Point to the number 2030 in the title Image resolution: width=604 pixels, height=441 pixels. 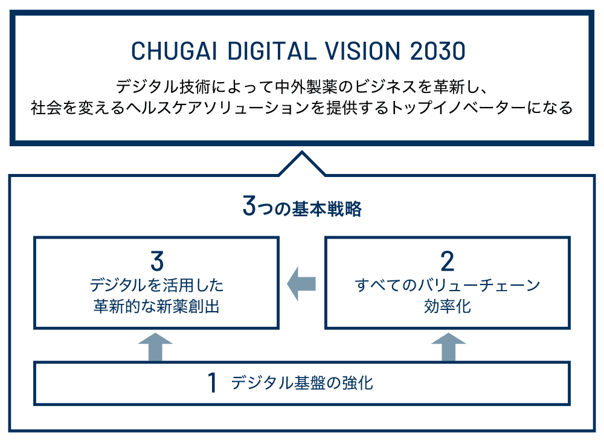coord(437,52)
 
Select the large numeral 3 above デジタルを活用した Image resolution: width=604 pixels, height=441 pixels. coord(156,262)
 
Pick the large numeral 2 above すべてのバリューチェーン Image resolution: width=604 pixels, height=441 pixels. coord(447,262)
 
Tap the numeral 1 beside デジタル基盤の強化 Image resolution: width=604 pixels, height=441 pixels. coord(212,383)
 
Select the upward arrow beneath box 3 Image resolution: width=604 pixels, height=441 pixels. coord(155,347)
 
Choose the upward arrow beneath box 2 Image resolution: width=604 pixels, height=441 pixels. coord(448,347)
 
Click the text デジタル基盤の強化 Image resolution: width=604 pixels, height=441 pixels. coord(302,383)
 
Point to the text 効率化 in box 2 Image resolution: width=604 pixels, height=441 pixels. coord(447,306)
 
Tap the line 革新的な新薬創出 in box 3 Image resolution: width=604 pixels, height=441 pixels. coord(156,306)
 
